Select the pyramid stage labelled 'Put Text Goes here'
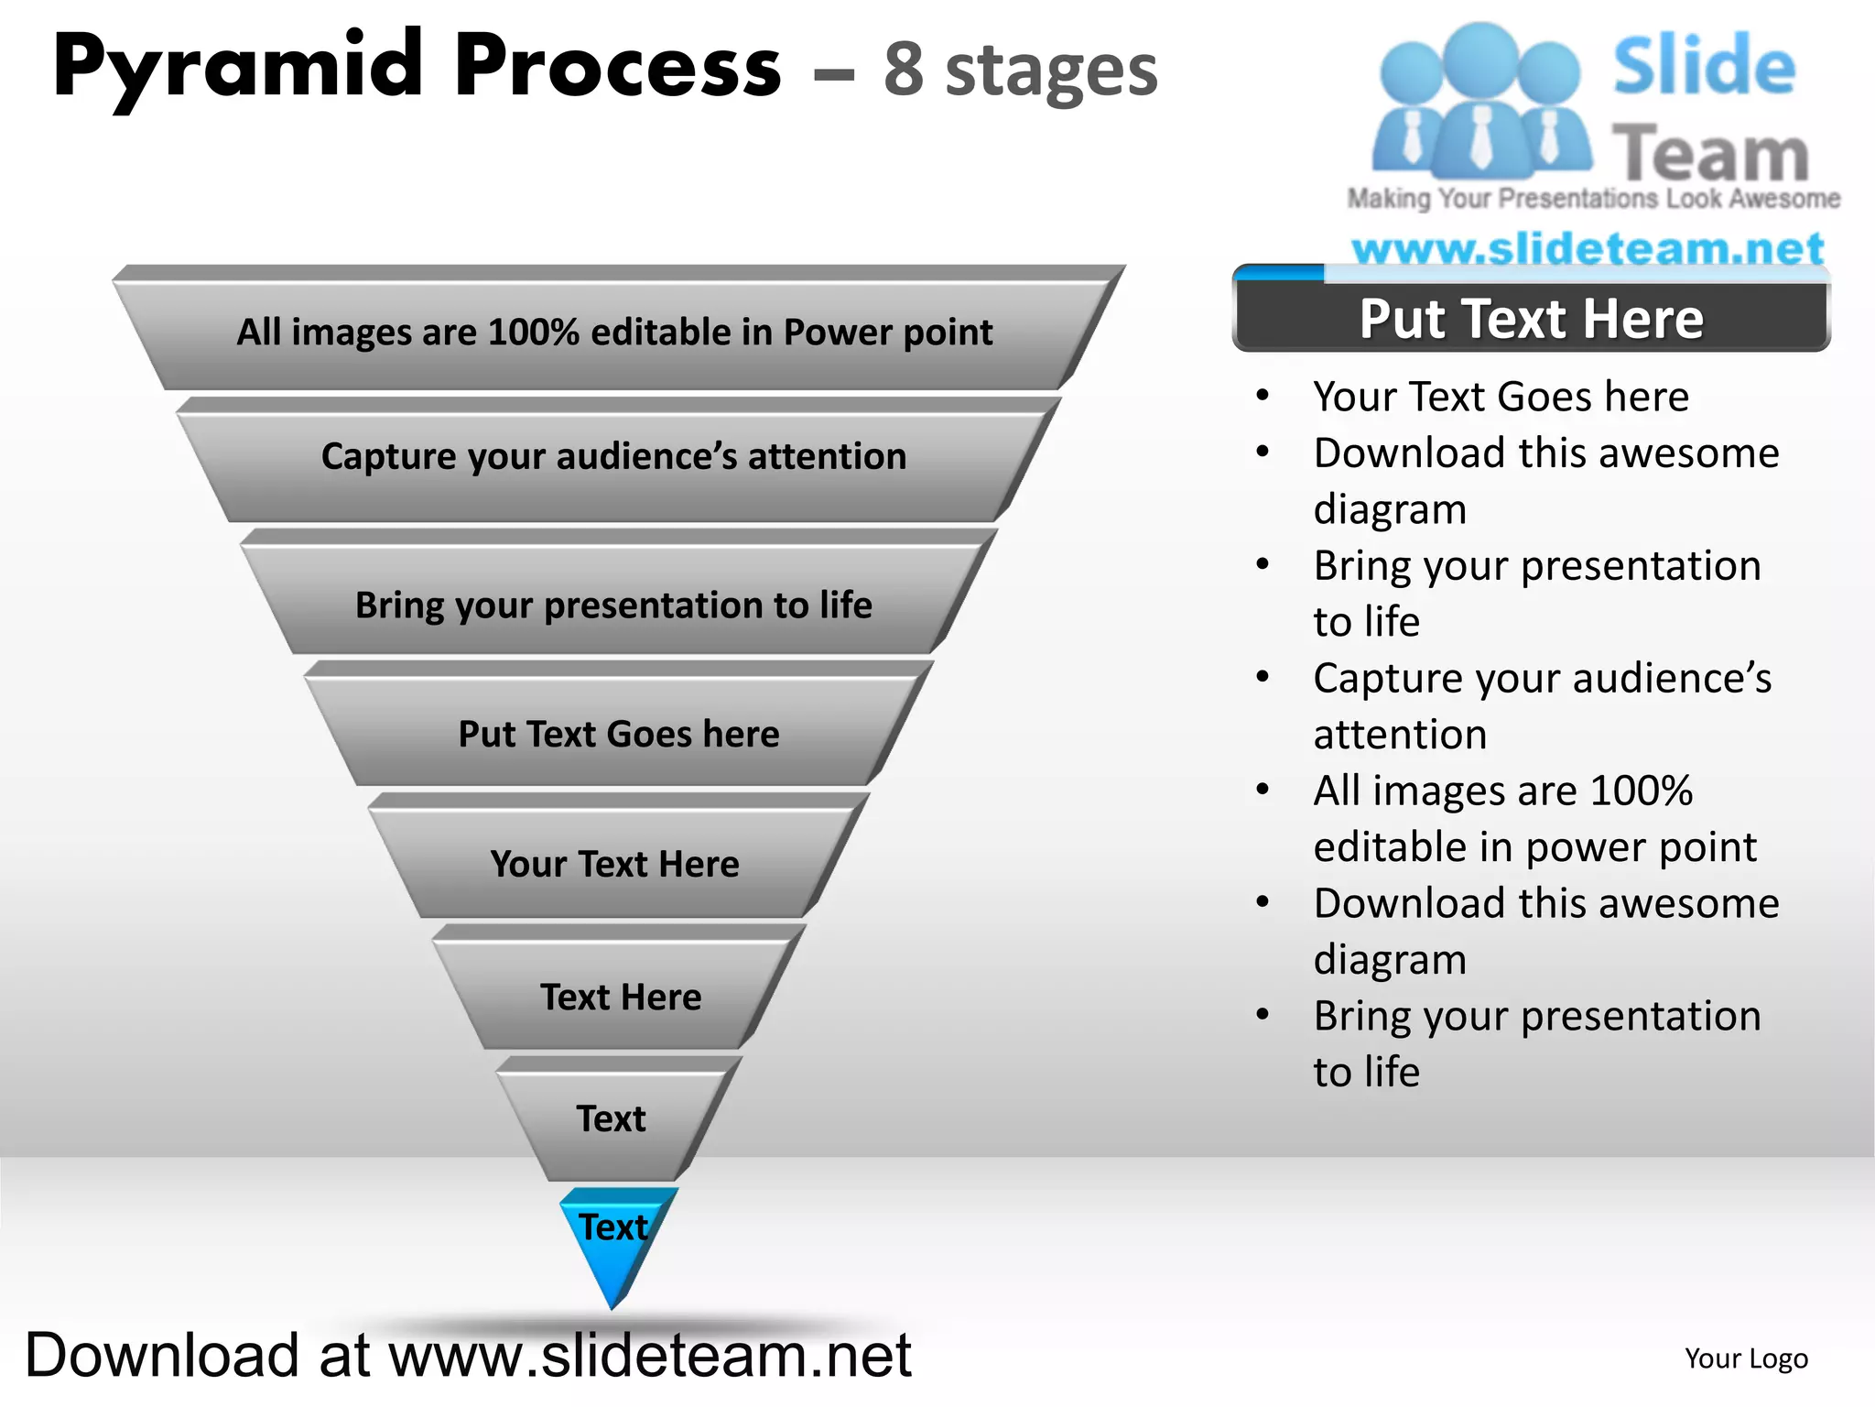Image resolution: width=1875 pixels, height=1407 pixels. tap(618, 734)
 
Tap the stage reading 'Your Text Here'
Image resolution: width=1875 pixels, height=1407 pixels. tap(614, 864)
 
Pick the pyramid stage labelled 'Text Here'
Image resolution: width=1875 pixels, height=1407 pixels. tap(620, 997)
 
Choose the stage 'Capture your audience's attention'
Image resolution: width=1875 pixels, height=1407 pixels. tap(613, 456)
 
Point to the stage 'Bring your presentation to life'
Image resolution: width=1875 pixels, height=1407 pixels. tap(613, 605)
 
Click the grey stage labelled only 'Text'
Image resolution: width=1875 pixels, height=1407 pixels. tap(611, 1118)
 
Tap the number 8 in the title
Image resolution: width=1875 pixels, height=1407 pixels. tap(903, 71)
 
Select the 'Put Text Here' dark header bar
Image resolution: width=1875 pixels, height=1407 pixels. tap(1531, 319)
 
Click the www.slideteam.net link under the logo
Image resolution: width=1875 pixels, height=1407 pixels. tap(1588, 248)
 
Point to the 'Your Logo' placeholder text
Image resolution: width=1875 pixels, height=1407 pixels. tap(1746, 1358)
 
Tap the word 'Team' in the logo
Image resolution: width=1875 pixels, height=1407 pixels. tap(1709, 153)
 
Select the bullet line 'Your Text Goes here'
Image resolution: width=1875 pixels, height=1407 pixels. tap(1501, 397)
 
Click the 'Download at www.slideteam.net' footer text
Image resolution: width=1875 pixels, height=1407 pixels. tap(468, 1356)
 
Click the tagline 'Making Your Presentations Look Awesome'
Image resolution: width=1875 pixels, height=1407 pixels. tap(1593, 199)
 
